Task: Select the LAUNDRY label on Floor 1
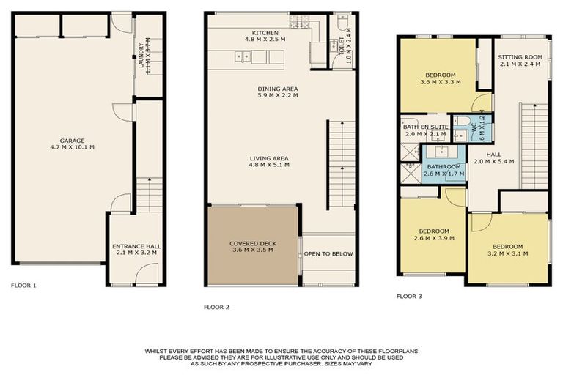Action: tap(140, 56)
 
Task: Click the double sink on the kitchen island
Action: tap(241, 56)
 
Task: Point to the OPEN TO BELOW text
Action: tap(329, 254)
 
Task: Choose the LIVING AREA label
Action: tap(268, 158)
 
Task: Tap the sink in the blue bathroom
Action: tap(443, 152)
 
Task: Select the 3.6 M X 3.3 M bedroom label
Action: tap(440, 83)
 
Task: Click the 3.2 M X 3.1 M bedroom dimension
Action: tap(507, 253)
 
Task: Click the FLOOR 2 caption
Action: tap(216, 307)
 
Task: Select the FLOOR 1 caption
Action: tap(23, 285)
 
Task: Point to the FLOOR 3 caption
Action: tap(409, 296)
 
